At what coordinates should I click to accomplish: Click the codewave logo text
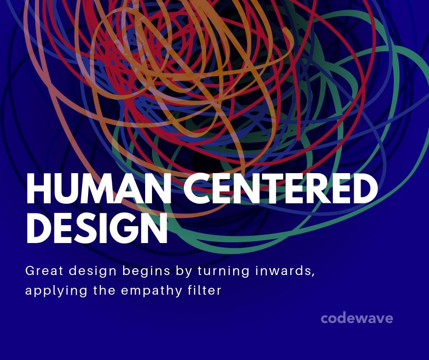pyautogui.click(x=356, y=318)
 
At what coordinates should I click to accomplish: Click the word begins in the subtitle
pyautogui.click(x=147, y=271)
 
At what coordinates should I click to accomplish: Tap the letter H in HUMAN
pyautogui.click(x=38, y=188)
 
